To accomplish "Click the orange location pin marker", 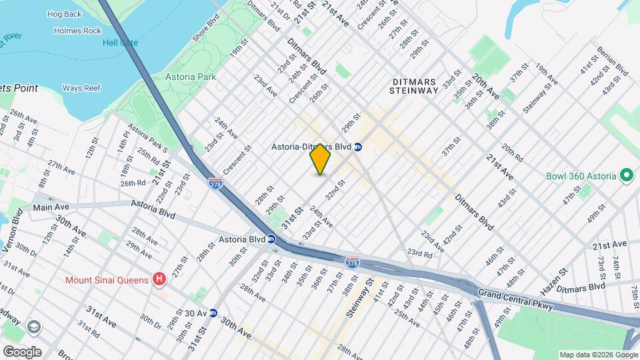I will point(321,159).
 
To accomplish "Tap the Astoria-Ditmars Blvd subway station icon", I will point(358,147).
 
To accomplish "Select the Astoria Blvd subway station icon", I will point(272,239).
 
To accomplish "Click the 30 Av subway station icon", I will point(213,313).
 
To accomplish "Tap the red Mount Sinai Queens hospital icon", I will point(159,279).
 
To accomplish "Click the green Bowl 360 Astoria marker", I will point(626,176).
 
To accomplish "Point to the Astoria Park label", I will point(191,77).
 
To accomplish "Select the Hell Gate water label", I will point(120,43).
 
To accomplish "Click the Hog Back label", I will point(64,13).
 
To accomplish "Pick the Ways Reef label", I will point(81,88).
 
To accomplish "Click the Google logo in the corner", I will point(22,351).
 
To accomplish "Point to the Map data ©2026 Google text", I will point(598,355).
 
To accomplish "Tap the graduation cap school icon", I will point(33,327).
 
